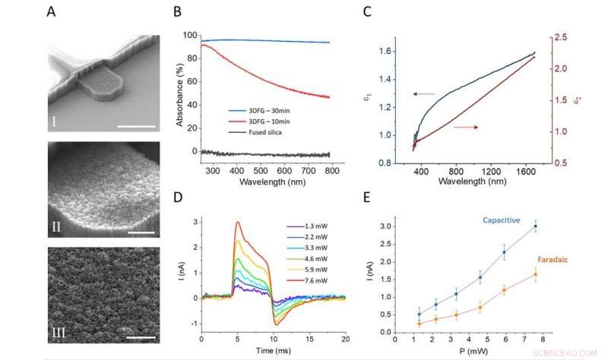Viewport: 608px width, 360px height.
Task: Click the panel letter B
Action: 176,12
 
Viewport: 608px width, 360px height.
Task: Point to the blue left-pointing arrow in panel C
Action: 423,93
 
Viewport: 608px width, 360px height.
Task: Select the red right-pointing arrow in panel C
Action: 465,127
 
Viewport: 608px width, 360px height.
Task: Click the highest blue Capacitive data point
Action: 536,226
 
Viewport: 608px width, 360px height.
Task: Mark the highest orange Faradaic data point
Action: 536,273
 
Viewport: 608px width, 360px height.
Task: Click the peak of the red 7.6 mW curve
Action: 238,223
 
